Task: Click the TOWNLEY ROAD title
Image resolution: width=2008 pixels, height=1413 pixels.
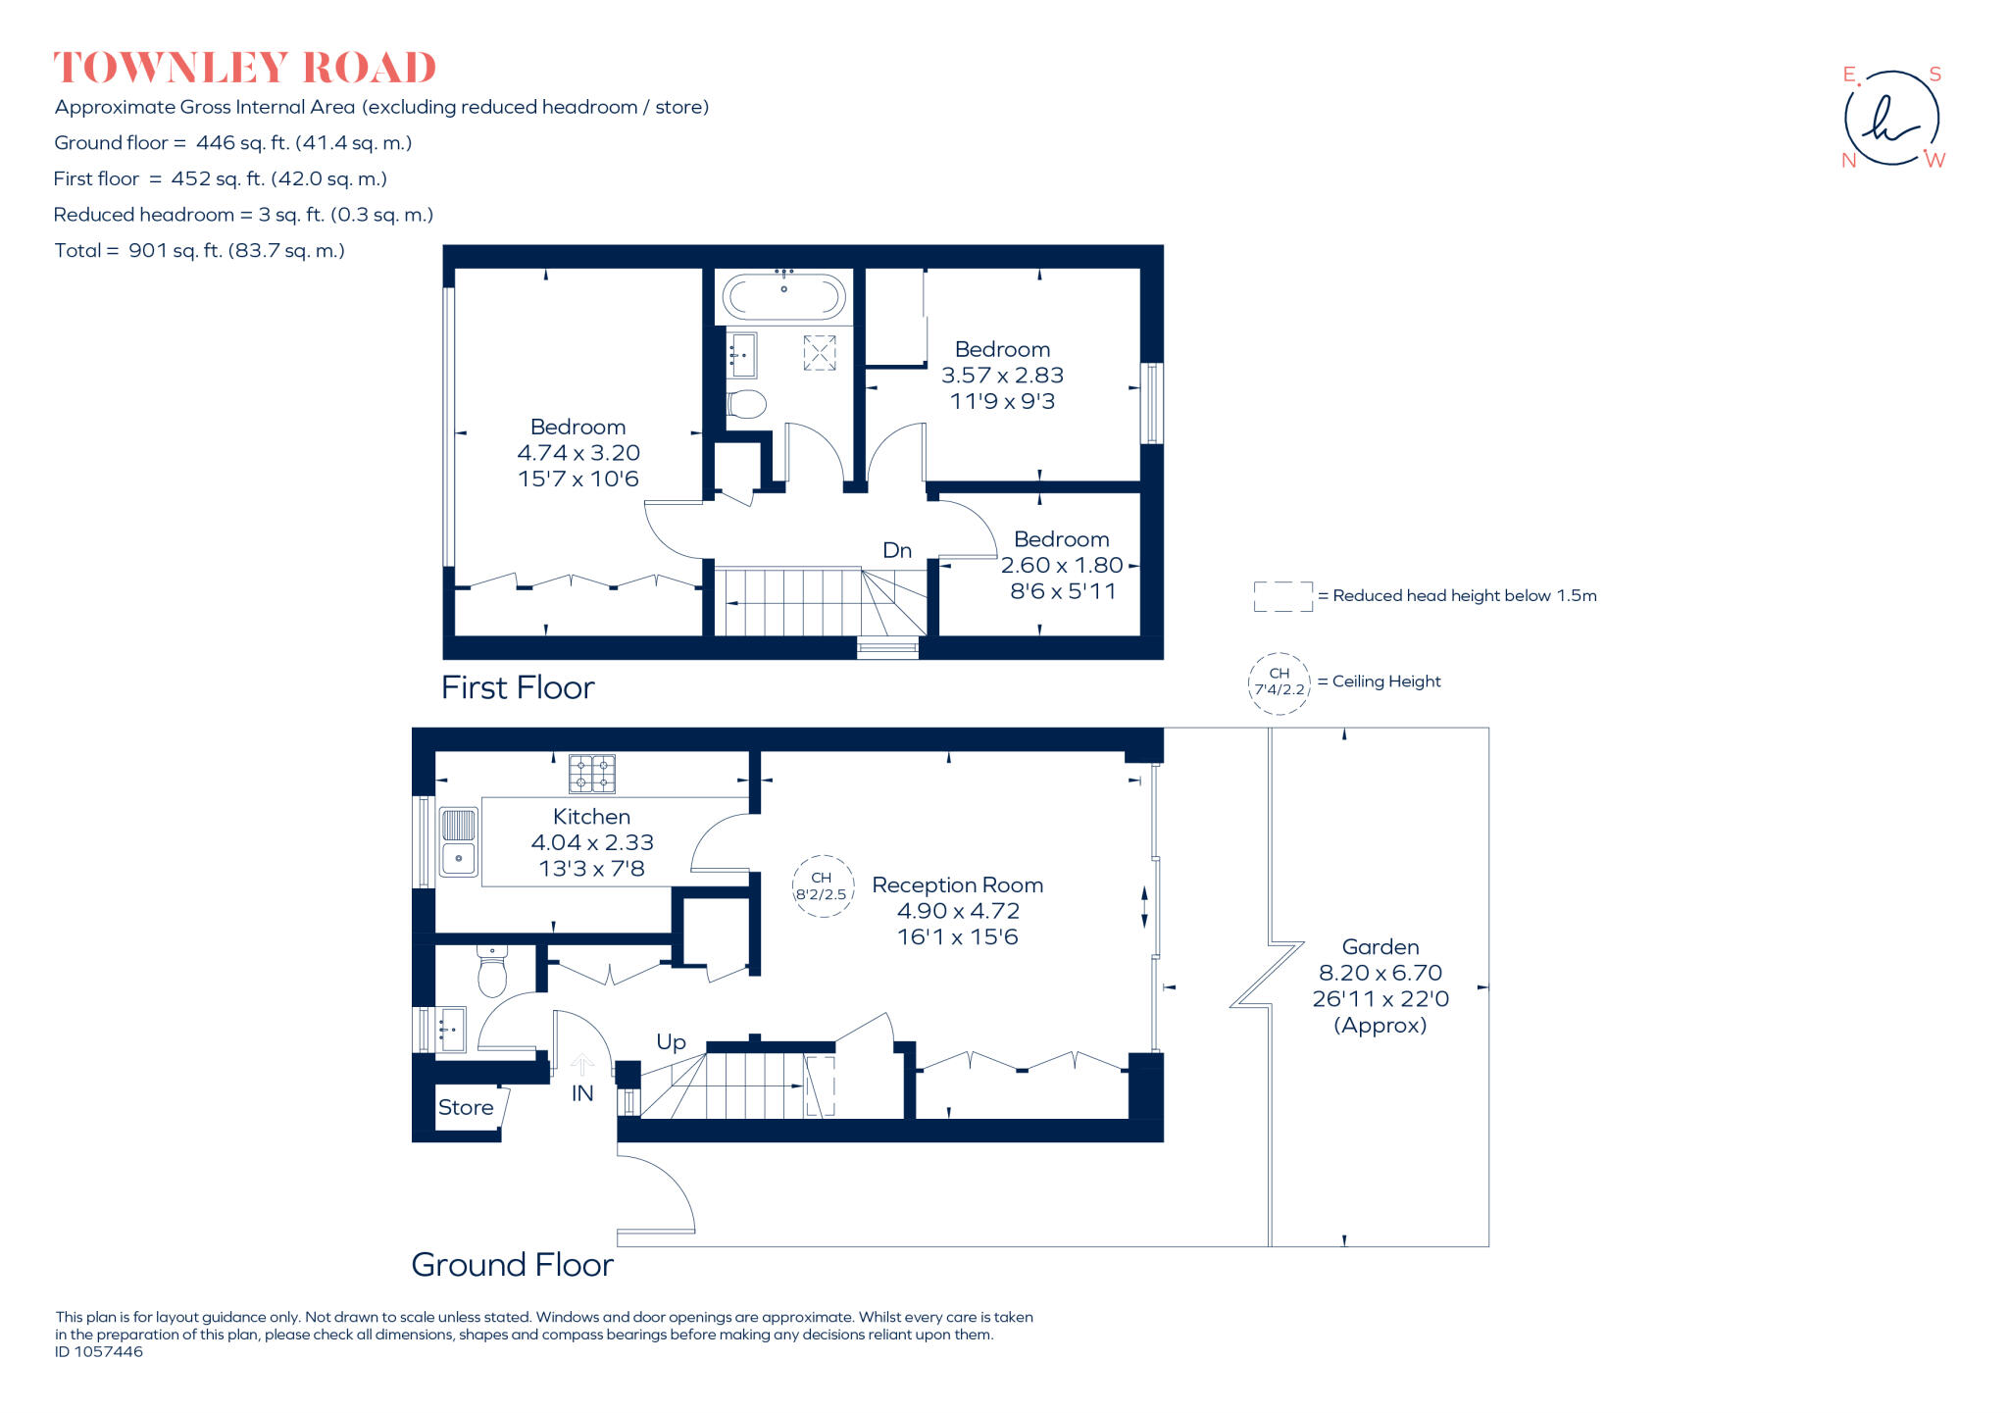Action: (244, 68)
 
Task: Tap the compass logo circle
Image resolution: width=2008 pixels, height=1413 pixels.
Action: (1891, 118)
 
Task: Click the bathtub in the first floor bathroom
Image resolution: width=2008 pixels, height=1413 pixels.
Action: (783, 295)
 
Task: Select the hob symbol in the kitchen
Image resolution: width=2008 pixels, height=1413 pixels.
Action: (592, 774)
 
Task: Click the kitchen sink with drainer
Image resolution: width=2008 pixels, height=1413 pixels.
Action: (458, 841)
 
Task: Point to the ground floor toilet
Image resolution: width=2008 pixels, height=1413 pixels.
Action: (492, 972)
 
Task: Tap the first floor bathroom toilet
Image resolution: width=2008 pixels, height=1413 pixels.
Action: (747, 403)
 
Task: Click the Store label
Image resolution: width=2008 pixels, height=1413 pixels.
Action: (466, 1107)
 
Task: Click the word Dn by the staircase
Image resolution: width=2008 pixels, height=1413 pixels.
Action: (897, 550)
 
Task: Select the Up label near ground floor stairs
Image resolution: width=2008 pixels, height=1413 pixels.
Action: (671, 1041)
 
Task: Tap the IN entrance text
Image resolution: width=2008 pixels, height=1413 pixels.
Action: (582, 1093)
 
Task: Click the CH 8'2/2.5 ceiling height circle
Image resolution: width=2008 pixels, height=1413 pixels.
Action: (822, 886)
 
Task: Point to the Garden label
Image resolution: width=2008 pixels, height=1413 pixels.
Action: (1380, 947)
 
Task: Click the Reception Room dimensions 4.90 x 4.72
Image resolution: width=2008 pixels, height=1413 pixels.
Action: (958, 911)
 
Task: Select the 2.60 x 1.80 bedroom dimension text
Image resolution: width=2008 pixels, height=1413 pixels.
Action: (1062, 566)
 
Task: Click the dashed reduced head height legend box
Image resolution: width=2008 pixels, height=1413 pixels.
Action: (1282, 596)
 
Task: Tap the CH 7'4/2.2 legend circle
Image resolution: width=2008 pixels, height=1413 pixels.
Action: (1280, 682)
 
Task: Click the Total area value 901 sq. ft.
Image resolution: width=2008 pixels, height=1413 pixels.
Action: (236, 251)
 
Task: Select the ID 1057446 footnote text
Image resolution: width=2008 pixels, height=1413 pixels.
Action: (99, 1352)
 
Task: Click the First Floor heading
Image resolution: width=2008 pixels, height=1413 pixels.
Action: (518, 687)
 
